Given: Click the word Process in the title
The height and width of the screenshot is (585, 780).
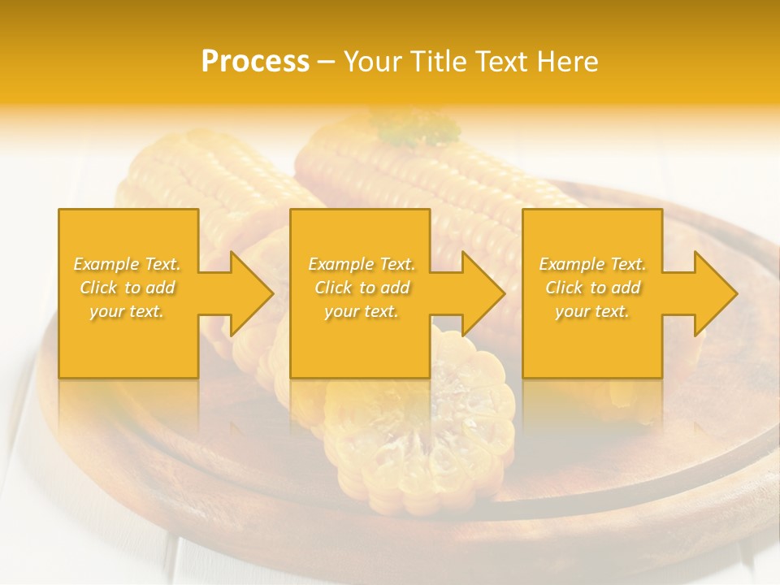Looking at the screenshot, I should point(255,62).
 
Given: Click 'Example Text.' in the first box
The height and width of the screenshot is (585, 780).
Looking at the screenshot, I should point(128,264).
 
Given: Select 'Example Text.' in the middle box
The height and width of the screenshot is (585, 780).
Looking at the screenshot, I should point(361,264).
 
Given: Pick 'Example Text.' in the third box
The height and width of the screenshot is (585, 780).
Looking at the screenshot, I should point(592,264).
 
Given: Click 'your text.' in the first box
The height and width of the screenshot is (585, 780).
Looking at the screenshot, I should point(128,311).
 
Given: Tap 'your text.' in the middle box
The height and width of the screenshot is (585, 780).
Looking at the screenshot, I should point(361,311).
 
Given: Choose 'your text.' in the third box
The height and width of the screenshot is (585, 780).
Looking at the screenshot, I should point(592,311).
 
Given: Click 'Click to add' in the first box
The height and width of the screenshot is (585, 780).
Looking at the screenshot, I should point(128,288).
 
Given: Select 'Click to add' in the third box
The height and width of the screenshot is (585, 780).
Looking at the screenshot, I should point(592,288).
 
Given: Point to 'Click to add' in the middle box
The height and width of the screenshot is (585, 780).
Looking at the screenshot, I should point(361,288).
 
